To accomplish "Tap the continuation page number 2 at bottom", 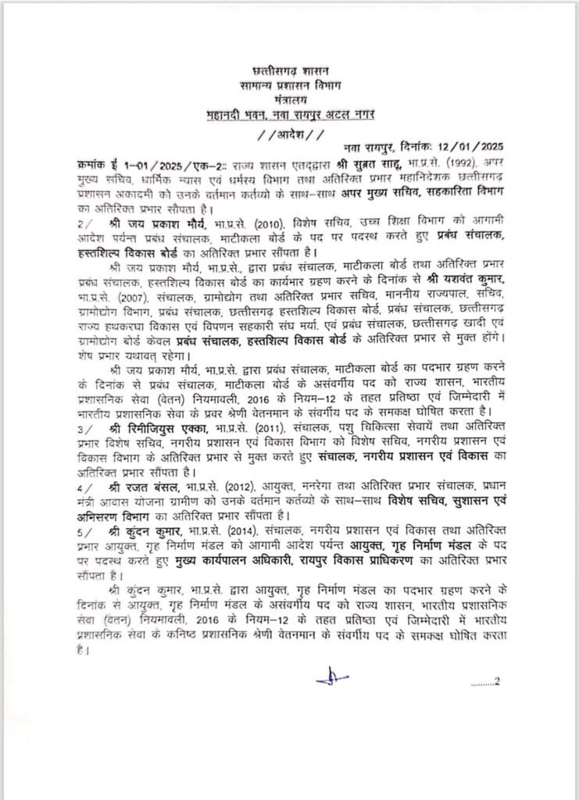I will pos(495,681).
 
